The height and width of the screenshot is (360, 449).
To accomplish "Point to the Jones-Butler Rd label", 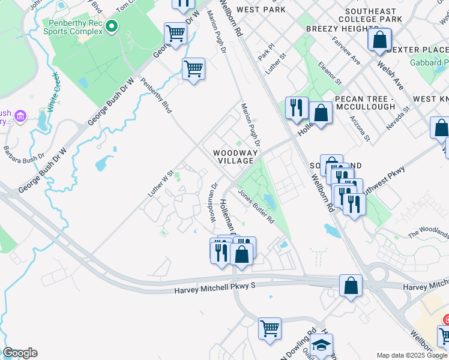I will point(256,206).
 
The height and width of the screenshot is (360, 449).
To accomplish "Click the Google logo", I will point(20,353).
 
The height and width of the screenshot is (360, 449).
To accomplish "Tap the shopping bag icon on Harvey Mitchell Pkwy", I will point(351,286).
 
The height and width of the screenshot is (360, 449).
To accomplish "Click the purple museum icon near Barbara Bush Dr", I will point(21,115).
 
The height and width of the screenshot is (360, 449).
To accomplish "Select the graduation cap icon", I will point(321,345).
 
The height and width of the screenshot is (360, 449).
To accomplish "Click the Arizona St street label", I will point(360,127).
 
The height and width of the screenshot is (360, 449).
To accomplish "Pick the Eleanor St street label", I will point(330,73).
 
